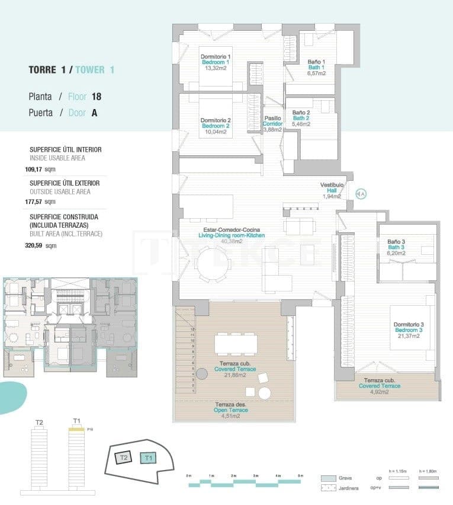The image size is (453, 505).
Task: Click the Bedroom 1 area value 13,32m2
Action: point(216,68)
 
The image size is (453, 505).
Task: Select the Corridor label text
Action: point(273,124)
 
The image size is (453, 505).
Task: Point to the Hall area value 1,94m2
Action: point(332,196)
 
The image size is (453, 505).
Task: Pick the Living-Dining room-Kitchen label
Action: point(231,235)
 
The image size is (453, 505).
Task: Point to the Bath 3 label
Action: point(396,247)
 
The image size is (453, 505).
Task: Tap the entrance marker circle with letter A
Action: point(361,193)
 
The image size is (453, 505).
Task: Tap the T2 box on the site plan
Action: point(123,457)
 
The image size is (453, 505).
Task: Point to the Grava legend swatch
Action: point(329,478)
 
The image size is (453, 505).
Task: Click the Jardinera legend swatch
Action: point(329,488)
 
